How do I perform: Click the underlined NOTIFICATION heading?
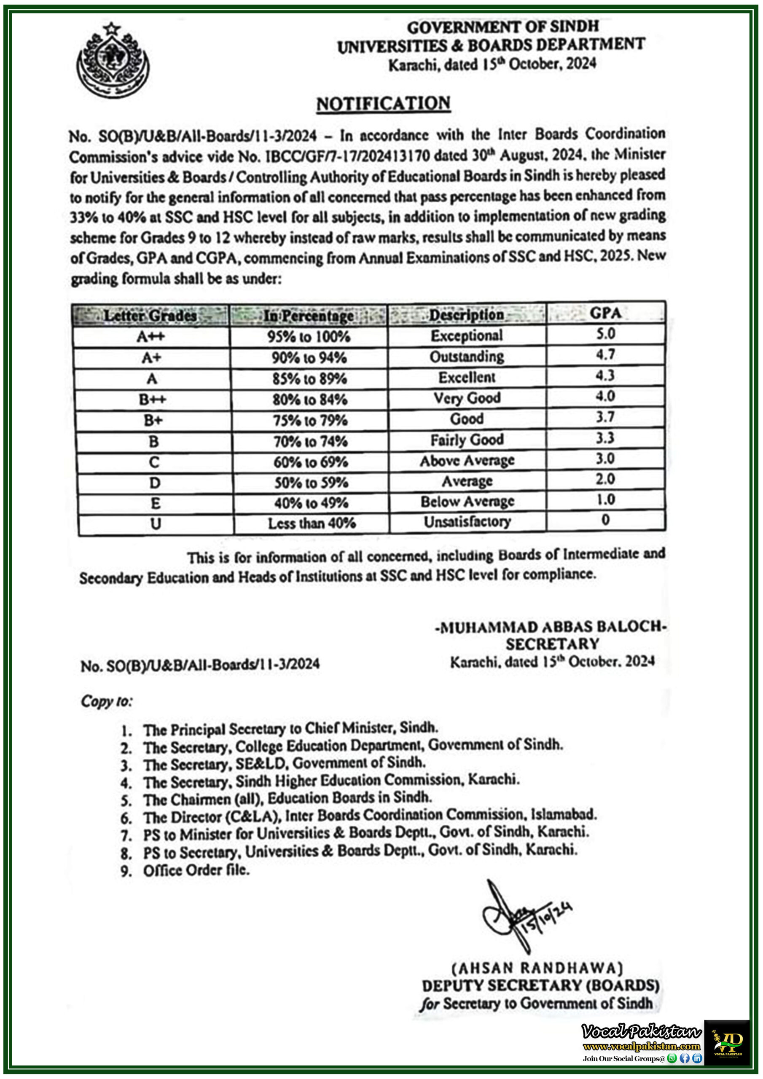click(x=383, y=103)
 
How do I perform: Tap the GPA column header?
click(x=605, y=313)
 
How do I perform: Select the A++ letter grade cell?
click(x=150, y=336)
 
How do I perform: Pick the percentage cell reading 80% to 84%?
click(x=310, y=400)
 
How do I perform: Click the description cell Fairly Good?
click(x=467, y=440)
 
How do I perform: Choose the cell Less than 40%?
click(x=311, y=523)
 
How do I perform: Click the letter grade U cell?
click(x=156, y=523)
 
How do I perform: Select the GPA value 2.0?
click(x=605, y=479)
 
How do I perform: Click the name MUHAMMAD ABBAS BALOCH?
click(x=551, y=627)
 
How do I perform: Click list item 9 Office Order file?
click(x=196, y=870)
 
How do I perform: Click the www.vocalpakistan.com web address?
click(x=641, y=1046)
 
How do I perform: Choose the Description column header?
click(x=466, y=314)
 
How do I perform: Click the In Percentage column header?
click(x=309, y=315)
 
